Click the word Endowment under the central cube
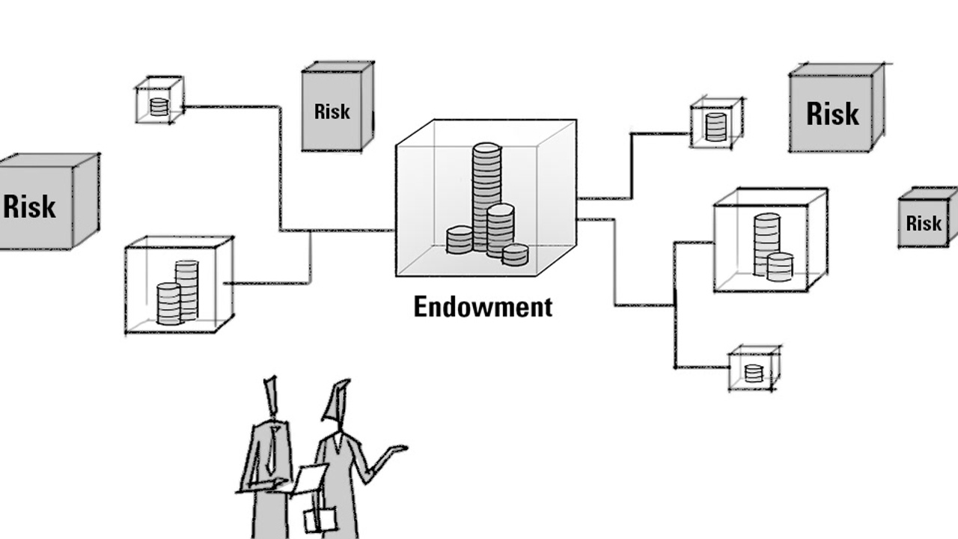tap(483, 307)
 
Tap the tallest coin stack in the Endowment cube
tap(486, 187)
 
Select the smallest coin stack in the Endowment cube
tap(515, 255)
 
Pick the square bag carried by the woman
tap(320, 519)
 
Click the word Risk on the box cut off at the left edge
tap(30, 206)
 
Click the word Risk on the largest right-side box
tap(832, 114)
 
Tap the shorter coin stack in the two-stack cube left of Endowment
tap(168, 303)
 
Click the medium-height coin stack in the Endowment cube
tap(500, 229)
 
